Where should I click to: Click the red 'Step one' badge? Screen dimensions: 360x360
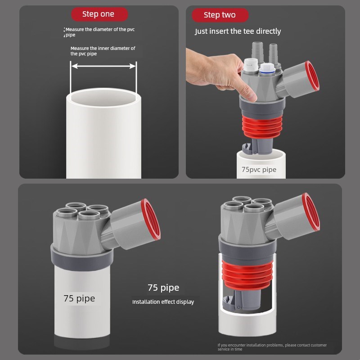99,14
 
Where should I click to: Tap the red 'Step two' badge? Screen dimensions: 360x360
220,15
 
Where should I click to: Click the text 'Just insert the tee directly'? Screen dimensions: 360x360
238,31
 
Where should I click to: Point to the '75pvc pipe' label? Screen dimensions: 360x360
259,170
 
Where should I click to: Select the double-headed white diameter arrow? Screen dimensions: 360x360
103,66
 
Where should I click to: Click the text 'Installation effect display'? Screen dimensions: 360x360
163,301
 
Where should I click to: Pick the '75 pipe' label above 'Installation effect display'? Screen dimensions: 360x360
163,288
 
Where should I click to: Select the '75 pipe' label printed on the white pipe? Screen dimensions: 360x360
79,298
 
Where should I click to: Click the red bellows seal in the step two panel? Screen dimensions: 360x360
262,127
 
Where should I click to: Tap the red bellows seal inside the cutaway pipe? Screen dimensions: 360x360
247,275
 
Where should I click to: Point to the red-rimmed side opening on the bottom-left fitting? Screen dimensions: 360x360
151,219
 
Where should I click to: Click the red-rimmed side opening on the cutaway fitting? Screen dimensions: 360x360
311,211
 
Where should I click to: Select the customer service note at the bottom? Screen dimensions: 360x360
272,347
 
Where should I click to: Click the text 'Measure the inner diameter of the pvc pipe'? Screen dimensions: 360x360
103,51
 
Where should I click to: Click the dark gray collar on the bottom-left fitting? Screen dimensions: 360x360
82,259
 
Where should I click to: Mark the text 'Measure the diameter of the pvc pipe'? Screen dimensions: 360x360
99,32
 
